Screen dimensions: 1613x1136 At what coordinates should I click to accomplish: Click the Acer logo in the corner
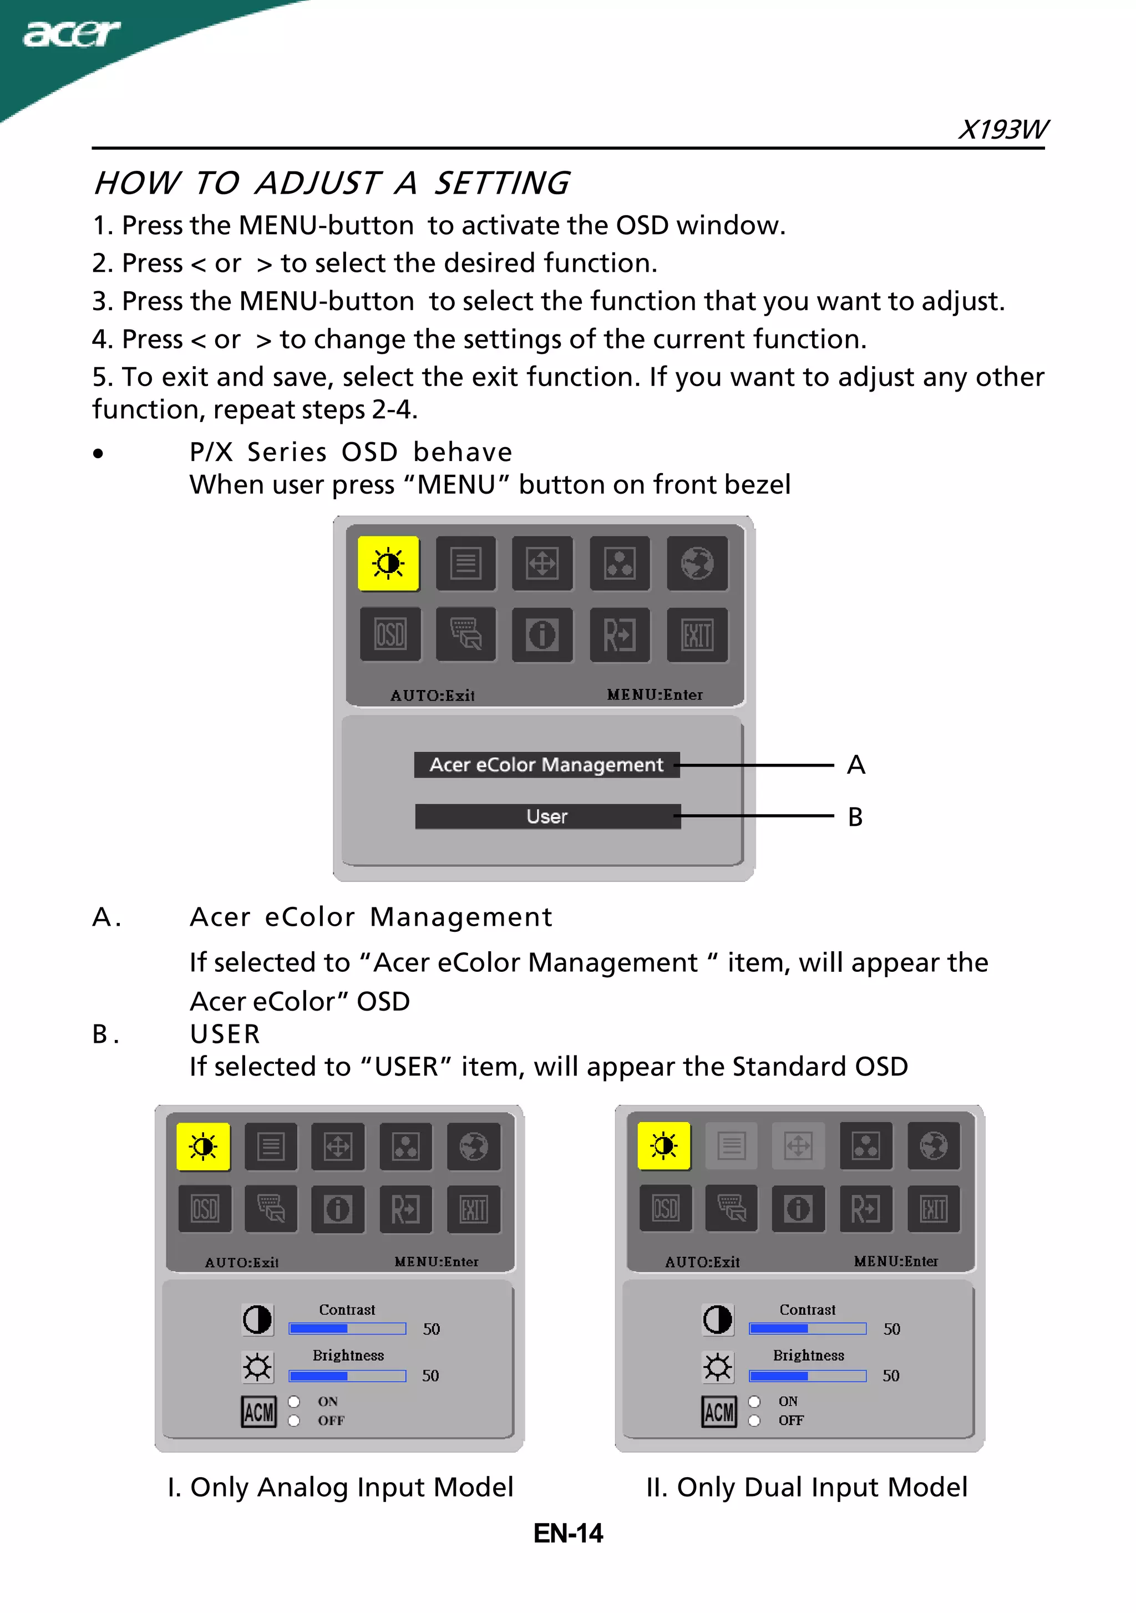pyautogui.click(x=71, y=34)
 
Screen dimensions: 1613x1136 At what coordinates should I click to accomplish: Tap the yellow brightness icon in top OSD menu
pyautogui.click(x=388, y=564)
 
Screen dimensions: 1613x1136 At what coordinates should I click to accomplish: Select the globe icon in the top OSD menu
pyautogui.click(x=697, y=564)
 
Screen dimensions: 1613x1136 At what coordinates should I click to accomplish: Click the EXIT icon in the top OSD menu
pyautogui.click(x=697, y=635)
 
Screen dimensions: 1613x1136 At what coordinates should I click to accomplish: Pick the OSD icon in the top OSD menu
pyautogui.click(x=390, y=635)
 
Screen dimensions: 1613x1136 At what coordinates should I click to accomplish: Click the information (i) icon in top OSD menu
pyautogui.click(x=542, y=635)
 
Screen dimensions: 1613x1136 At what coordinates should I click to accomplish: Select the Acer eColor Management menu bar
pyautogui.click(x=546, y=764)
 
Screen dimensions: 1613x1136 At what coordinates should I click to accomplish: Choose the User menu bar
pyautogui.click(x=547, y=816)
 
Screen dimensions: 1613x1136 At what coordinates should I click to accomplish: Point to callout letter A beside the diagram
pyautogui.click(x=856, y=765)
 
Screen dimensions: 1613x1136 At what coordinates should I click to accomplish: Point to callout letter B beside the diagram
pyautogui.click(x=855, y=817)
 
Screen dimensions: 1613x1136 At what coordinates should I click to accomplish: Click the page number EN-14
pyautogui.click(x=567, y=1533)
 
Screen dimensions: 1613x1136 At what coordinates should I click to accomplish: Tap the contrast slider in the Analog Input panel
pyautogui.click(x=347, y=1328)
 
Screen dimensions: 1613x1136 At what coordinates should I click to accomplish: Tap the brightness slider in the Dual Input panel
pyautogui.click(x=807, y=1376)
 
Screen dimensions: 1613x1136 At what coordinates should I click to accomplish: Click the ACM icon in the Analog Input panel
pyautogui.click(x=258, y=1411)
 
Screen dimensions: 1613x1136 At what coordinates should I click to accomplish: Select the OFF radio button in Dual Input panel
pyautogui.click(x=754, y=1421)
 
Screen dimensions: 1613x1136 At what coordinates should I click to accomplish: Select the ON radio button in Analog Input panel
pyautogui.click(x=293, y=1402)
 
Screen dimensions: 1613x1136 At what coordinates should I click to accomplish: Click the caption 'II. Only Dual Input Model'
pyautogui.click(x=807, y=1487)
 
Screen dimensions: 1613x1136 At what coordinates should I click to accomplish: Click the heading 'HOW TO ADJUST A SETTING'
pyautogui.click(x=332, y=184)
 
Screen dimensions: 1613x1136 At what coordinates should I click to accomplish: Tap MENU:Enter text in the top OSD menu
pyautogui.click(x=655, y=695)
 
